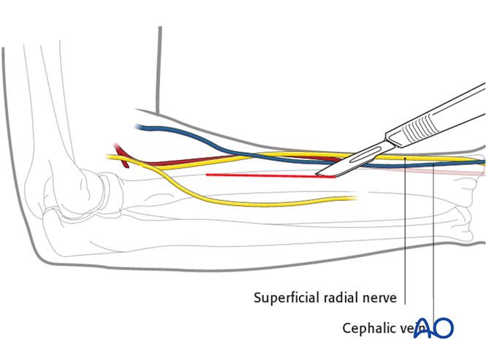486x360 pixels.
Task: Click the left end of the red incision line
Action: point(208,175)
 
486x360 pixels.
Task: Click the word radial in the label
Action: point(342,298)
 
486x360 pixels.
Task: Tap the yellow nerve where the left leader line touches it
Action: point(405,158)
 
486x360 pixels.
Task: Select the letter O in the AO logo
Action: point(444,328)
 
